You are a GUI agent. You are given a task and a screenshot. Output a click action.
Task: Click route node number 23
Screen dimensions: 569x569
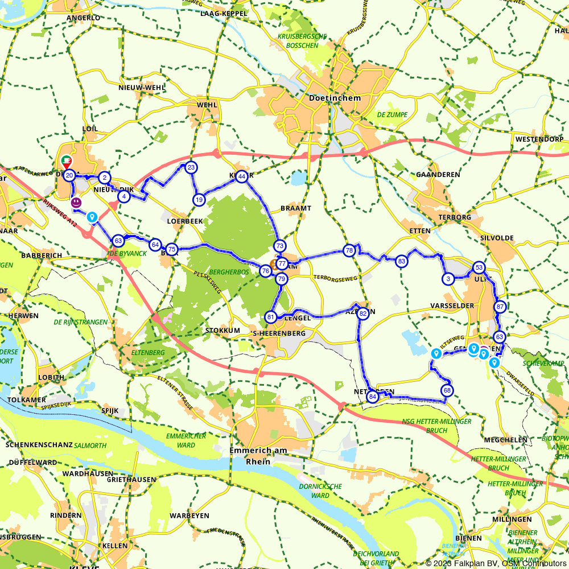(191, 167)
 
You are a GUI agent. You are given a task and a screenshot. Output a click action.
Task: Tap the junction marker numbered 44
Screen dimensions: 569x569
(242, 176)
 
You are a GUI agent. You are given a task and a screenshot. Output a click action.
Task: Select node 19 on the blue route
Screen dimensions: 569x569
(199, 200)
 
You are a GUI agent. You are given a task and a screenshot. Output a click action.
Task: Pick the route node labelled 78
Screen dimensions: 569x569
(349, 250)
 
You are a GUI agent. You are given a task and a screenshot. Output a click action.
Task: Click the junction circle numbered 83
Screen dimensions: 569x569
(402, 261)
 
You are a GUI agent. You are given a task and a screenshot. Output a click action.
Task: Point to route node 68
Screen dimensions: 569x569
(447, 390)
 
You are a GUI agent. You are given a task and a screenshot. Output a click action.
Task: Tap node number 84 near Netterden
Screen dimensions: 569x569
(373, 397)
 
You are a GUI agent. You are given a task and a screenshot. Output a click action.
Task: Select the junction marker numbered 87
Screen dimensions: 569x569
(500, 307)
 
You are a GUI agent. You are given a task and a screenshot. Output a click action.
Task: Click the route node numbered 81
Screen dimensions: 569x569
(271, 317)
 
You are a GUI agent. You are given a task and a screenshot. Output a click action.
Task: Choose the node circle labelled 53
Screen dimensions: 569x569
(479, 268)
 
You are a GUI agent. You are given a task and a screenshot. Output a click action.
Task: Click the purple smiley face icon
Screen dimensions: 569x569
(76, 203)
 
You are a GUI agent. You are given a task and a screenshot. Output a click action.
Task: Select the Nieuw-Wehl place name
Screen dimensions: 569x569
(142, 88)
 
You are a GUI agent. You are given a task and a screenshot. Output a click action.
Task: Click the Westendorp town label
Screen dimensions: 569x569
(539, 139)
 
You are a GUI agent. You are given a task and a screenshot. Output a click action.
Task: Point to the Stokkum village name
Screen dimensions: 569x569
(222, 330)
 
